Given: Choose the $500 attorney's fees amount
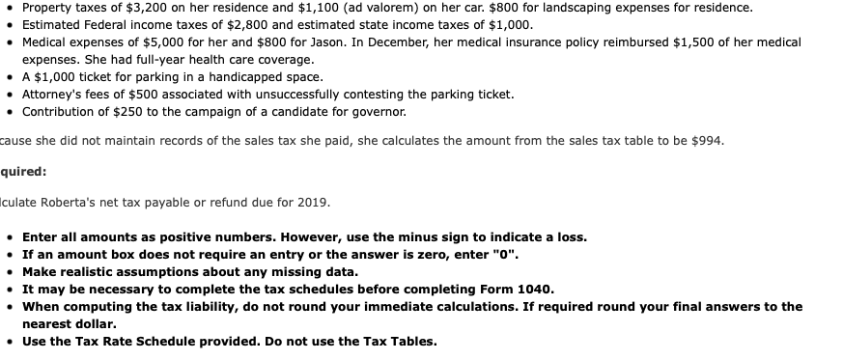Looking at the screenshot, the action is (x=146, y=95).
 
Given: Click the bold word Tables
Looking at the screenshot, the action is (x=417, y=341).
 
